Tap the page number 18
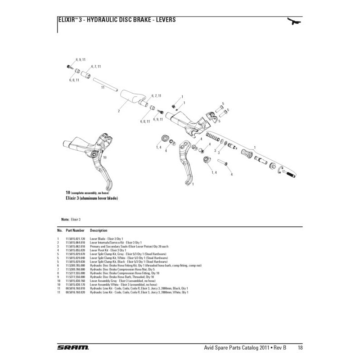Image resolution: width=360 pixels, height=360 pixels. coord(299,347)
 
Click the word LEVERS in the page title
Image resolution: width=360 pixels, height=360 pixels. coord(163,20)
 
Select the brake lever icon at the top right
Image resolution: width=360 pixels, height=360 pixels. coord(295,21)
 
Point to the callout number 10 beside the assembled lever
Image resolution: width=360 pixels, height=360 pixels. coord(105,158)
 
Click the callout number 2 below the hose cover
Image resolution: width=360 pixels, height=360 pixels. coord(118,110)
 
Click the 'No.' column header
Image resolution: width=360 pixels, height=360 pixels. coord(59,230)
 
